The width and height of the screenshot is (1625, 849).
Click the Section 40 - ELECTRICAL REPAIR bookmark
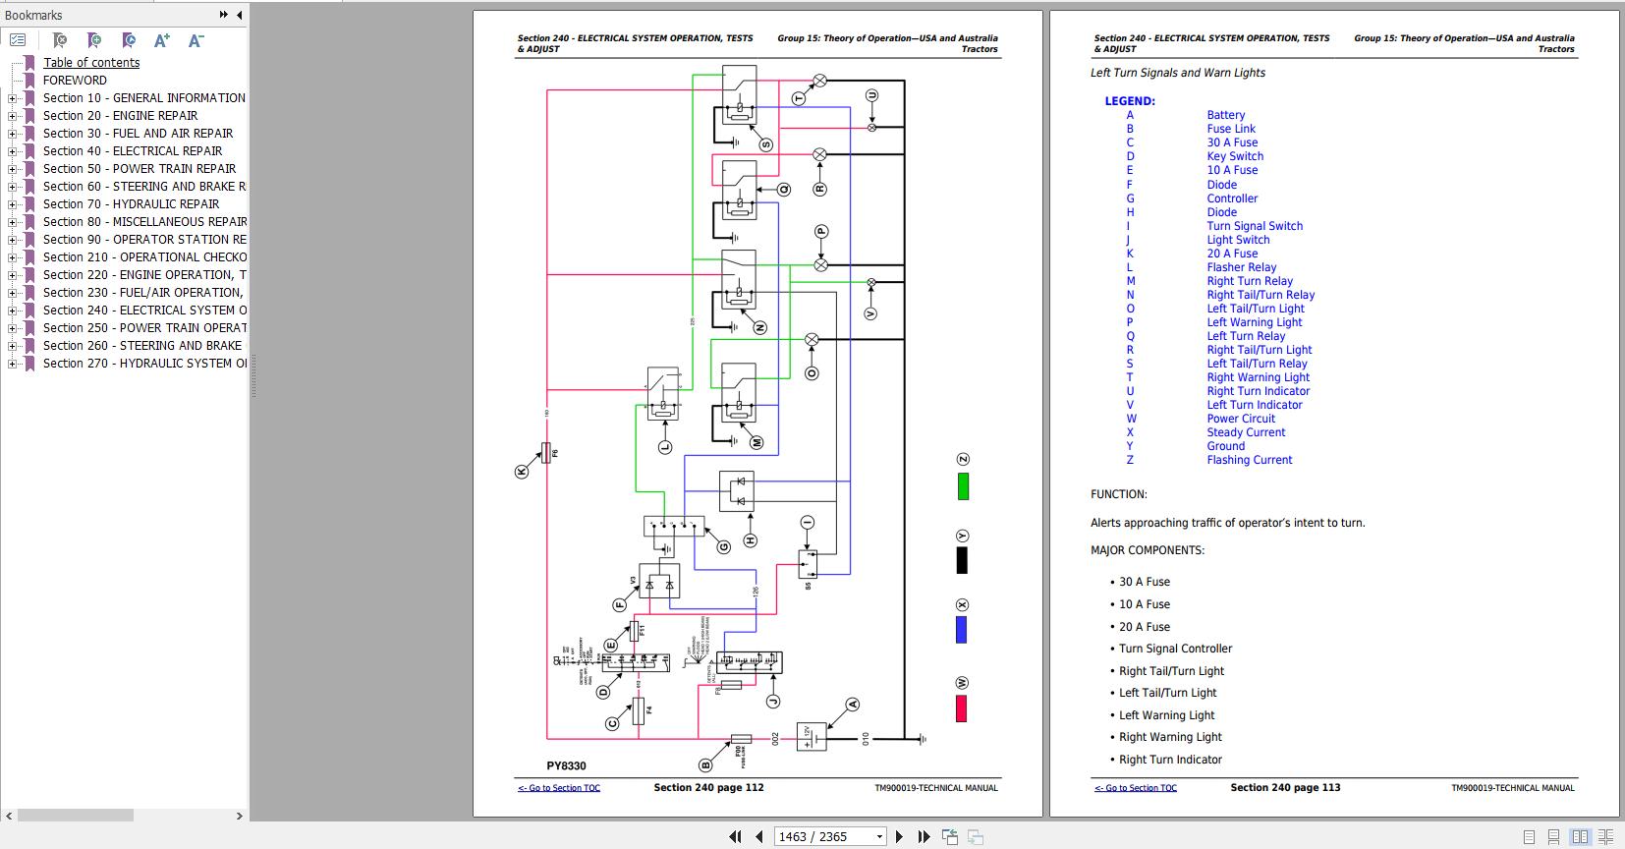pos(132,151)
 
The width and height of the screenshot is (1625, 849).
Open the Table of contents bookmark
pos(90,63)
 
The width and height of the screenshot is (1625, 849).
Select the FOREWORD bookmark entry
pos(75,81)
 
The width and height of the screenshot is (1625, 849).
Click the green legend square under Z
pos(963,486)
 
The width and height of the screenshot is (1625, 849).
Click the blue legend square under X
pos(962,630)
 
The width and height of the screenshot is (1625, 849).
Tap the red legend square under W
pos(961,708)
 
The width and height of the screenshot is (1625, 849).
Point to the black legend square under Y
pos(962,560)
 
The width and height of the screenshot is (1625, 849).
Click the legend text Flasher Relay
pos(1241,267)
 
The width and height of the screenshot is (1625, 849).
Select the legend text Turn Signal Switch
pos(1254,226)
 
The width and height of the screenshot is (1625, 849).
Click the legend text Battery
pos(1225,115)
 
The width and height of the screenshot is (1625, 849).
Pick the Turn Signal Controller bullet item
pos(1175,649)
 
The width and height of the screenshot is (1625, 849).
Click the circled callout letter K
pos(522,472)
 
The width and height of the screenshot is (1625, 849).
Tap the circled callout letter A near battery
pos(853,704)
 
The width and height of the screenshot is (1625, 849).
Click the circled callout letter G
pos(723,546)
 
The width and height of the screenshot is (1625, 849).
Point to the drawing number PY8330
pos(566,766)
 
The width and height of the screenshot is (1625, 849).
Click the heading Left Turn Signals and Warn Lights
pos(1177,73)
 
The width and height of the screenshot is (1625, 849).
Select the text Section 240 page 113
pos(1285,787)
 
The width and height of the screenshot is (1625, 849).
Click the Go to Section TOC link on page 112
pos(558,788)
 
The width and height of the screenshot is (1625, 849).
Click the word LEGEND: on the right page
pos(1129,101)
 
